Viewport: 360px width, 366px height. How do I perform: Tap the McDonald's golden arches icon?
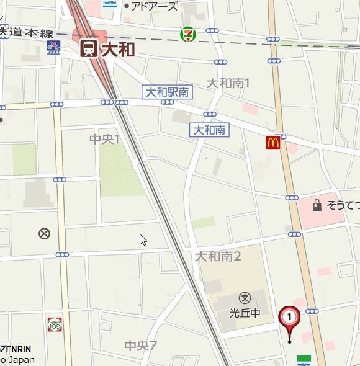tap(273, 143)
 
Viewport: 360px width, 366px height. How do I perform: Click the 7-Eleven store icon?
tap(186, 35)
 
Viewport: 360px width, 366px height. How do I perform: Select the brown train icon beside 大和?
tap(88, 49)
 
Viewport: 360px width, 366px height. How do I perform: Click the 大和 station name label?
tap(118, 49)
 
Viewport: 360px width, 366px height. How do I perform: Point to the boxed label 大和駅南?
tap(167, 92)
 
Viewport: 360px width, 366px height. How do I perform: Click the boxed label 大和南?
tap(209, 130)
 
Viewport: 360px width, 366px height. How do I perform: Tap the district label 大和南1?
tap(228, 83)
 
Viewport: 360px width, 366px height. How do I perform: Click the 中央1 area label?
tap(104, 139)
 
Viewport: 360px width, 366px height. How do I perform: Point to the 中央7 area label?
tap(141, 346)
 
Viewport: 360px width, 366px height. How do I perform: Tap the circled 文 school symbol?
tap(245, 298)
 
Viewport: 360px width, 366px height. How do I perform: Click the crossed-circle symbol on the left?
tap(44, 233)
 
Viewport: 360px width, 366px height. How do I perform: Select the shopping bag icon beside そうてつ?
tap(317, 205)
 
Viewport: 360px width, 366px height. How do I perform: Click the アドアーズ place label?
tap(155, 6)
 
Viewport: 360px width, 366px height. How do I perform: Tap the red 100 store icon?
tap(55, 324)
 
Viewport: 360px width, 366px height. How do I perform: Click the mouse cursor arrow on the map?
tap(142, 239)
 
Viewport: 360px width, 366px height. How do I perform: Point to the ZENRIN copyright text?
tap(16, 349)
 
